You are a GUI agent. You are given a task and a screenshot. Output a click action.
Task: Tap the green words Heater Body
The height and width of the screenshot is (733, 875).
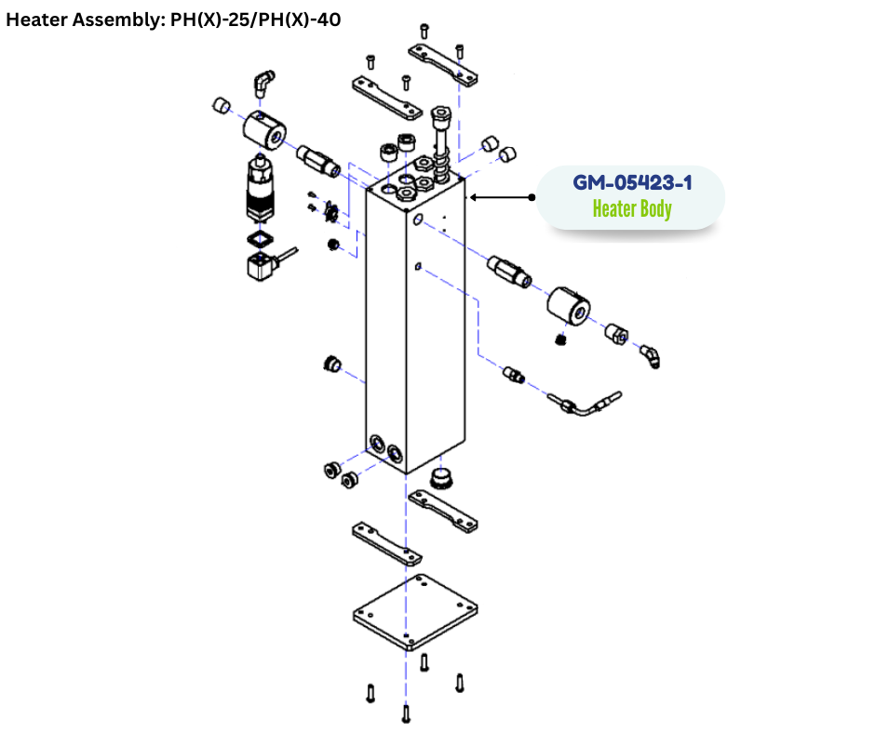[x=631, y=208]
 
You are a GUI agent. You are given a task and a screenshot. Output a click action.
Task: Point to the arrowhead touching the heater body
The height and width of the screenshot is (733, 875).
[x=474, y=197]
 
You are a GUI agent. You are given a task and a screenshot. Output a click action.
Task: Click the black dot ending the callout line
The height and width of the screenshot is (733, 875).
[x=532, y=197]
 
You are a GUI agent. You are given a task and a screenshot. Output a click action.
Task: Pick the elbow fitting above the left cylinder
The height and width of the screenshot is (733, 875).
[x=264, y=85]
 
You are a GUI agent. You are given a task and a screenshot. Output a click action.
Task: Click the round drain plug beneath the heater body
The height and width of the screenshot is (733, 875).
[x=441, y=479]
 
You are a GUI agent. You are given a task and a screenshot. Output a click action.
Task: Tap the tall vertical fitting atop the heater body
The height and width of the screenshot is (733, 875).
[x=442, y=140]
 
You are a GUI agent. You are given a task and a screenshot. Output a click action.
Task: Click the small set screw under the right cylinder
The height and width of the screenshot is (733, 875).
[x=561, y=340]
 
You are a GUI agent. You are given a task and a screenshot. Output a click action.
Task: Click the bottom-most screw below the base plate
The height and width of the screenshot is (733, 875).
[x=406, y=713]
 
